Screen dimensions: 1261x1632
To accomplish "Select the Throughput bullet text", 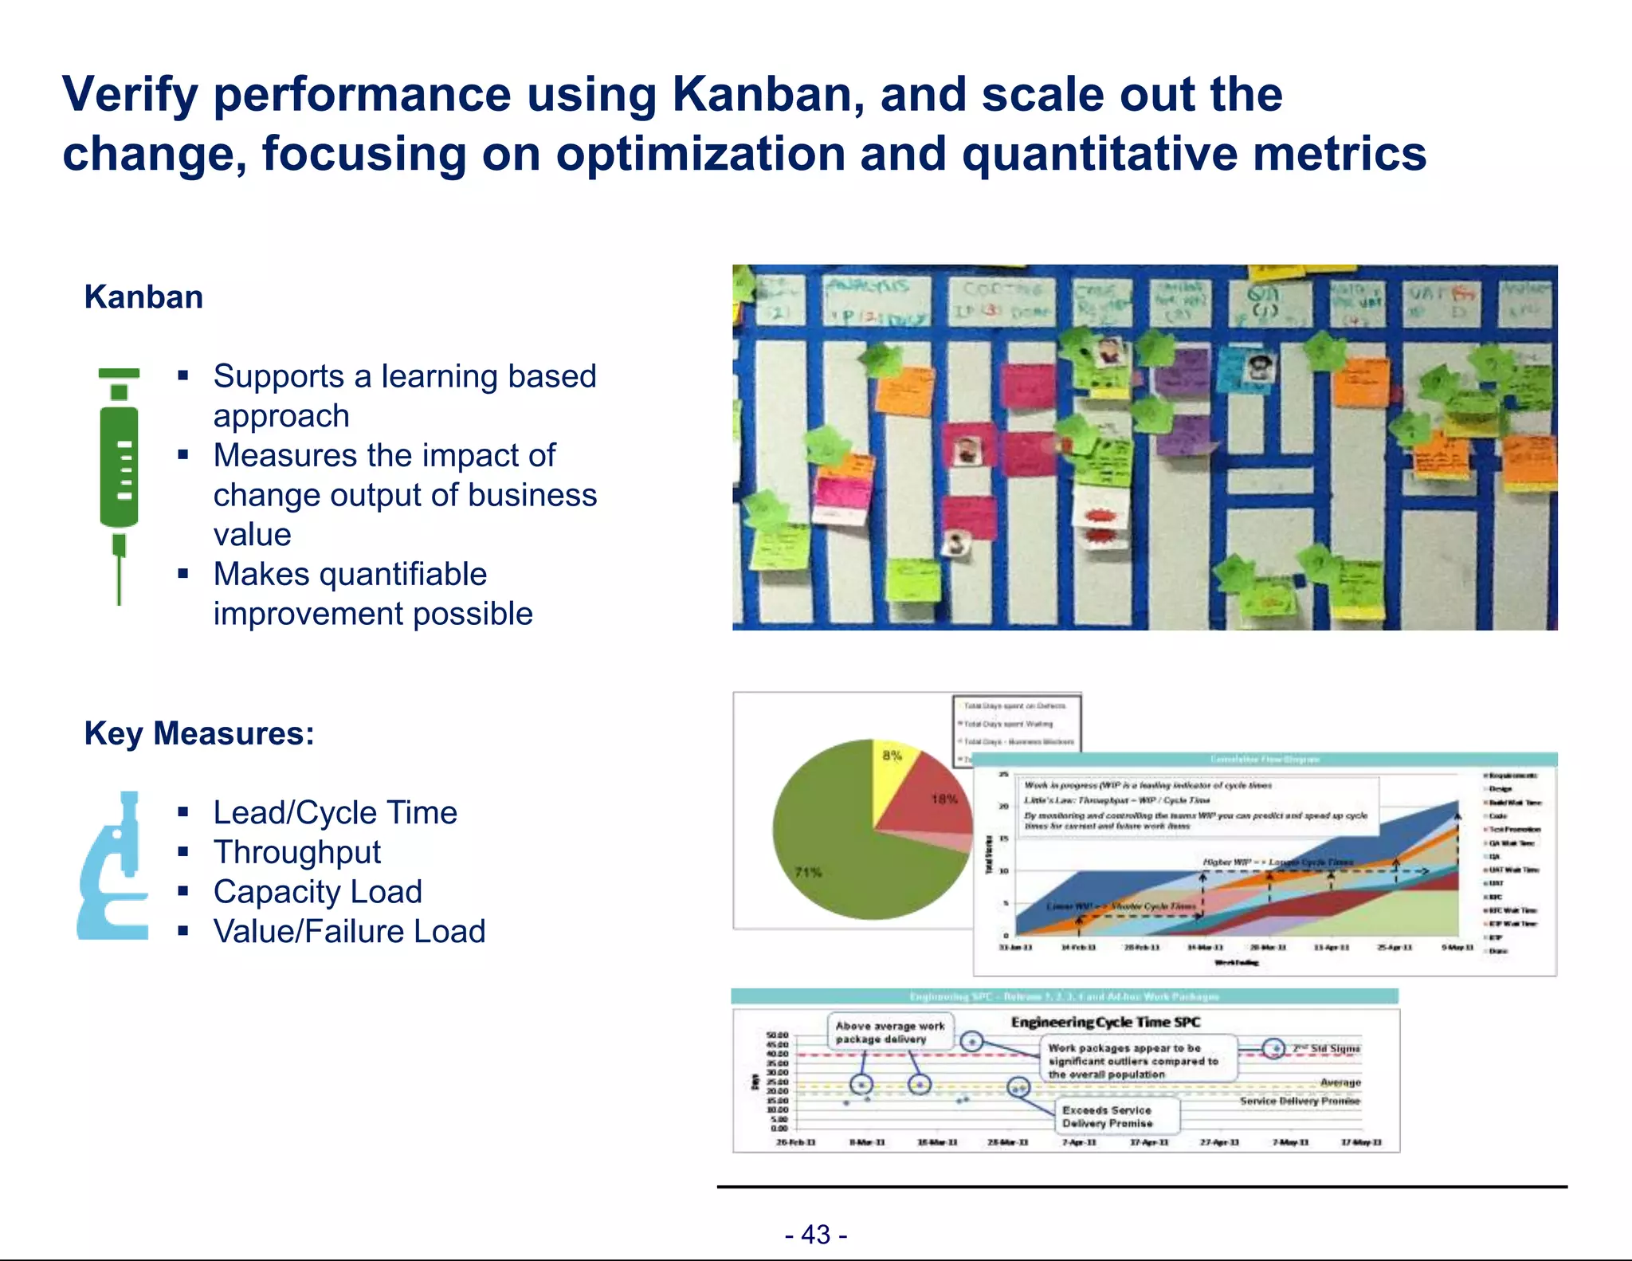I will click(297, 852).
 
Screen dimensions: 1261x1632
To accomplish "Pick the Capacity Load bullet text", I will click(318, 892).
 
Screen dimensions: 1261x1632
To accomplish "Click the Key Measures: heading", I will click(199, 733).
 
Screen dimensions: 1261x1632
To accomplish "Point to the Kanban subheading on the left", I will click(143, 297).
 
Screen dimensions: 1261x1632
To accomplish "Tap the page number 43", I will click(816, 1235).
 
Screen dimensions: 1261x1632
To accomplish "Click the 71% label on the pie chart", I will click(808, 872).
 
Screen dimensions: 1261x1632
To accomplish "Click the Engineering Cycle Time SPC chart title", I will click(1105, 1022).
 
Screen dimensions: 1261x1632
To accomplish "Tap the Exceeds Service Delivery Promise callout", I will click(1108, 1117).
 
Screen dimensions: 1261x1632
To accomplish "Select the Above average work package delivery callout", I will click(889, 1033).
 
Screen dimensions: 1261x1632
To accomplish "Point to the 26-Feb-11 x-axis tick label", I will click(795, 1142).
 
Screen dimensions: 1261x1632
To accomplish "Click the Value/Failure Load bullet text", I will click(349, 932).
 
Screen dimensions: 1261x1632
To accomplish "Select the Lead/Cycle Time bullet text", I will click(335, 813).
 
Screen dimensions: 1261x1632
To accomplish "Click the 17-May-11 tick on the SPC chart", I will click(1360, 1142).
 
